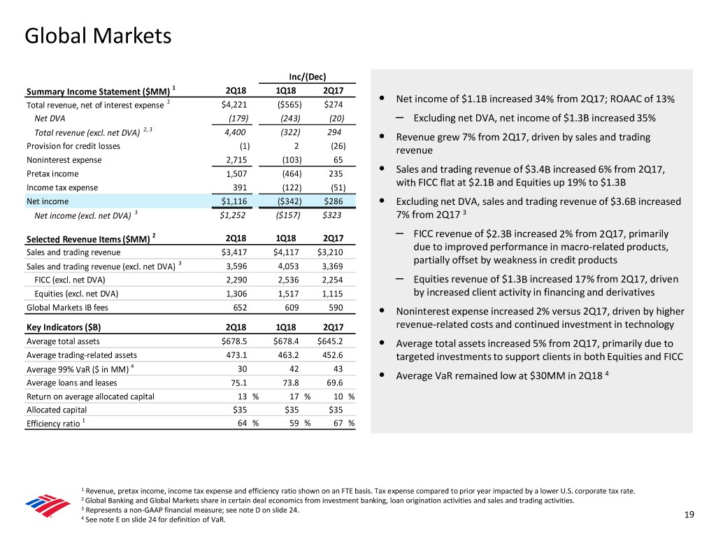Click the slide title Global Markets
tap(97, 35)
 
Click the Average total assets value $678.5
tap(233, 341)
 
